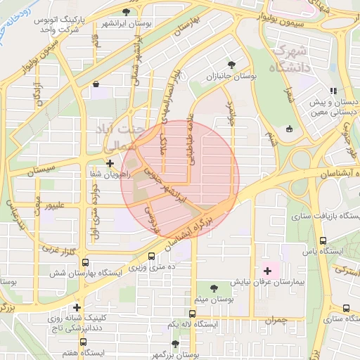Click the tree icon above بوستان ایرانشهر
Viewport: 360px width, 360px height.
(x=126, y=12)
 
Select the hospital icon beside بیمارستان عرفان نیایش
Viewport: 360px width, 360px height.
(x=266, y=270)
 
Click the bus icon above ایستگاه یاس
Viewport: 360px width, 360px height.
(x=323, y=240)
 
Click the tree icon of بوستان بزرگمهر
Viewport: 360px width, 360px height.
(x=175, y=345)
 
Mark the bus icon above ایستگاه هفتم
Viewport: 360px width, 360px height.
(x=84, y=341)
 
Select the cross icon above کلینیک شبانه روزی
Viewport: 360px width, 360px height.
(x=76, y=307)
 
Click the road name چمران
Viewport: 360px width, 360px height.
(x=276, y=321)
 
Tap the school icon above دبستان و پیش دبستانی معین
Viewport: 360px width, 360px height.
(x=333, y=90)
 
